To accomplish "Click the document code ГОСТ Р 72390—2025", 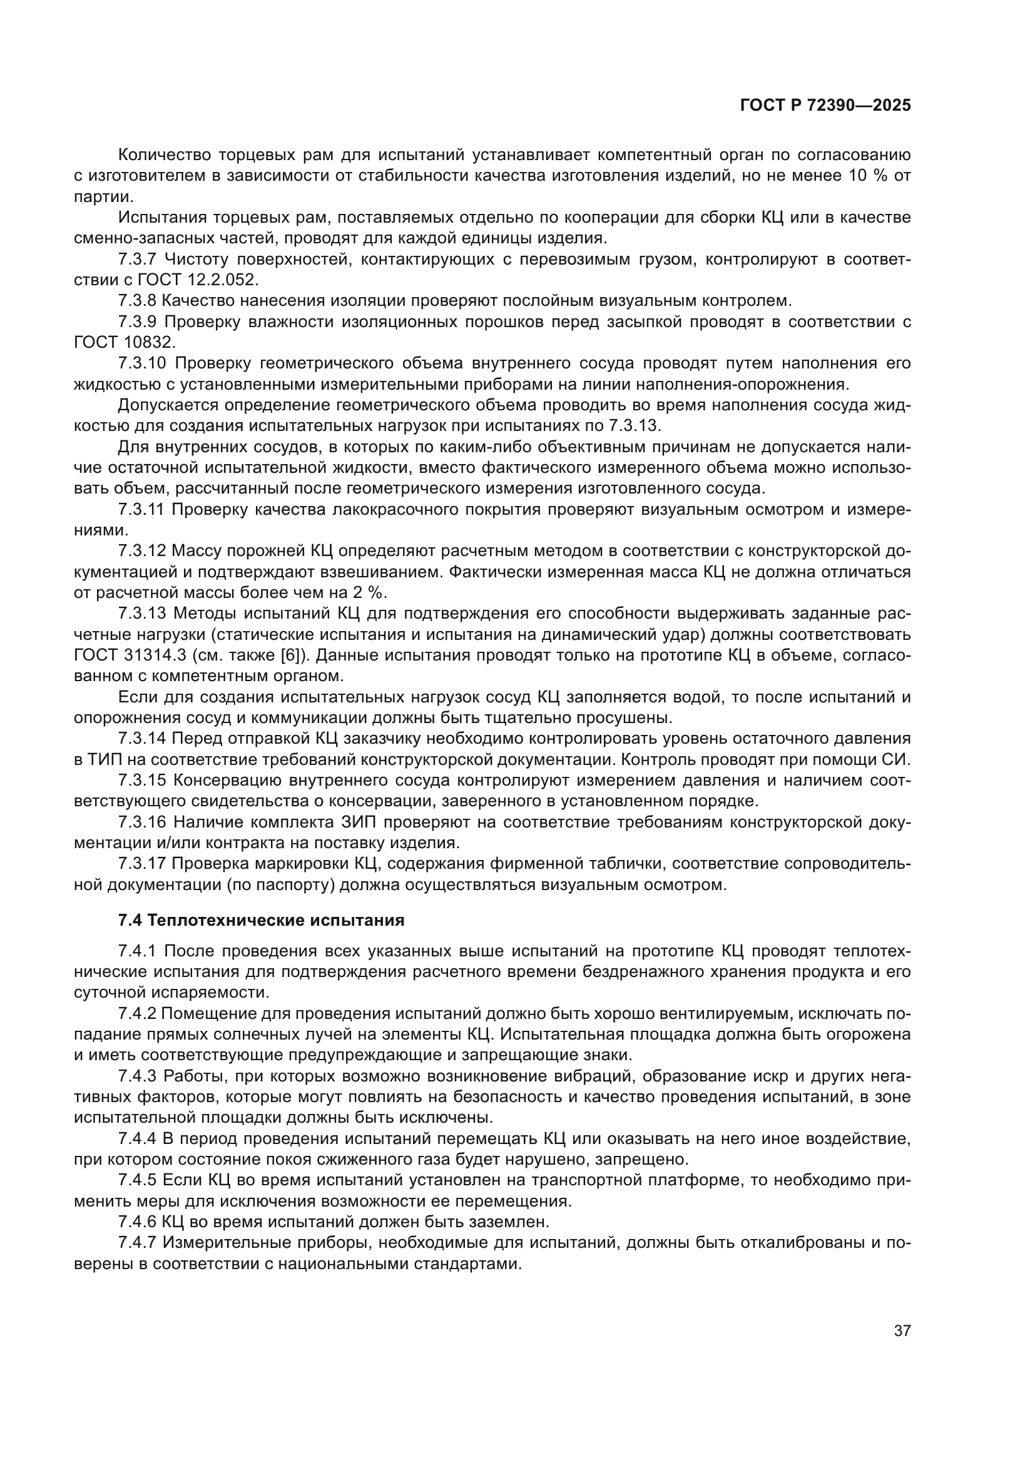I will click(825, 106).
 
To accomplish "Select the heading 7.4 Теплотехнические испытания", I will click(262, 920).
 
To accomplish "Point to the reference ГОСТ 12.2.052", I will click(193, 280).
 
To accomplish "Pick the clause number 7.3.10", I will click(141, 363).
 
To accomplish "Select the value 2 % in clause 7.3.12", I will click(370, 592).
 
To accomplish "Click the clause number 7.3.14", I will click(141, 739).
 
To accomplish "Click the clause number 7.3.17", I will click(141, 864).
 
